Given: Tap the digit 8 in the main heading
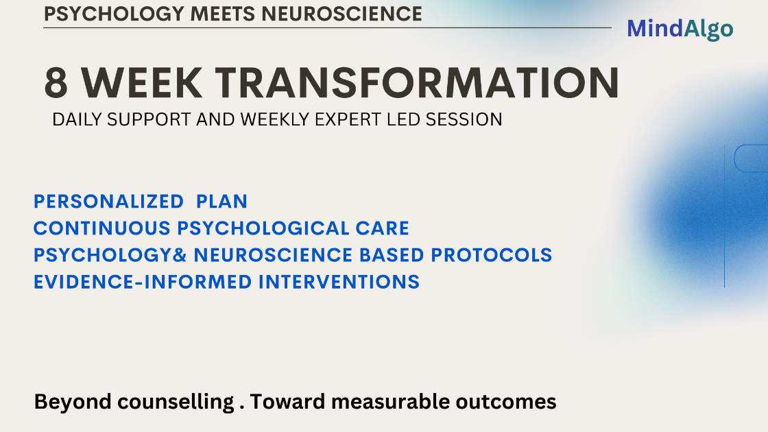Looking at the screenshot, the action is click(x=56, y=83).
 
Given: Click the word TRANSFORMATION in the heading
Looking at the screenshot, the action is click(x=418, y=83).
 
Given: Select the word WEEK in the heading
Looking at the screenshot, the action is click(x=141, y=83).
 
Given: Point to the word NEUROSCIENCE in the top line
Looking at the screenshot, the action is click(x=341, y=14).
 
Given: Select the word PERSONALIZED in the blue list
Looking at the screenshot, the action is click(x=109, y=202).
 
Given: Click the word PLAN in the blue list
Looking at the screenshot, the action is click(x=222, y=202).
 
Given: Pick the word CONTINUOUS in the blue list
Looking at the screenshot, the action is click(x=102, y=228).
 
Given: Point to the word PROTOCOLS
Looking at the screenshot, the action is click(x=491, y=255).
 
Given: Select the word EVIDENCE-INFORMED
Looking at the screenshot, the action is click(x=143, y=282).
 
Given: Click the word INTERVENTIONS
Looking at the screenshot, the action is click(x=339, y=282).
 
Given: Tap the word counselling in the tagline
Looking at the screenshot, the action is click(x=176, y=402).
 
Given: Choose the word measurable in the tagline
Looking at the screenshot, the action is click(x=390, y=402).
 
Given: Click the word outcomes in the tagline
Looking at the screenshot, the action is click(x=506, y=402).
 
